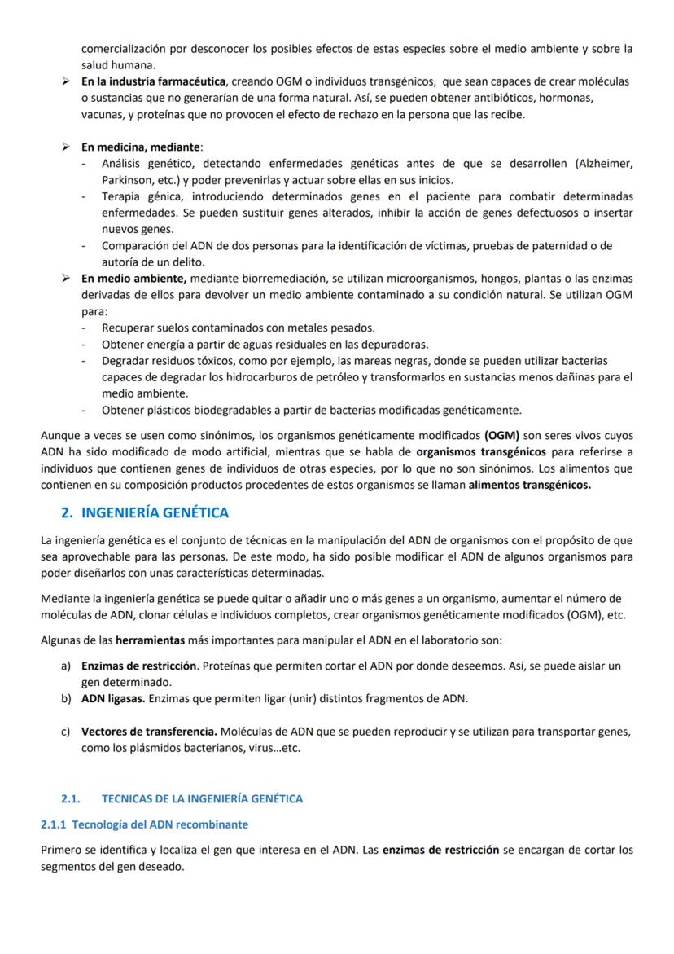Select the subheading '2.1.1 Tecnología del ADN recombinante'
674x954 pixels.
click(144, 824)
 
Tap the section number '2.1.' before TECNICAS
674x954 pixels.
click(70, 798)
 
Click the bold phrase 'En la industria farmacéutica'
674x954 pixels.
click(154, 81)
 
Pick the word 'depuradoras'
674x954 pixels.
click(394, 344)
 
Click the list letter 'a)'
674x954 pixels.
click(66, 666)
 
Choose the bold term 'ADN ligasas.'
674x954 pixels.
click(113, 698)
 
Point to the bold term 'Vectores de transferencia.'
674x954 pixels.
click(149, 732)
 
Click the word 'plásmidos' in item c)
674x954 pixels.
click(140, 748)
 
